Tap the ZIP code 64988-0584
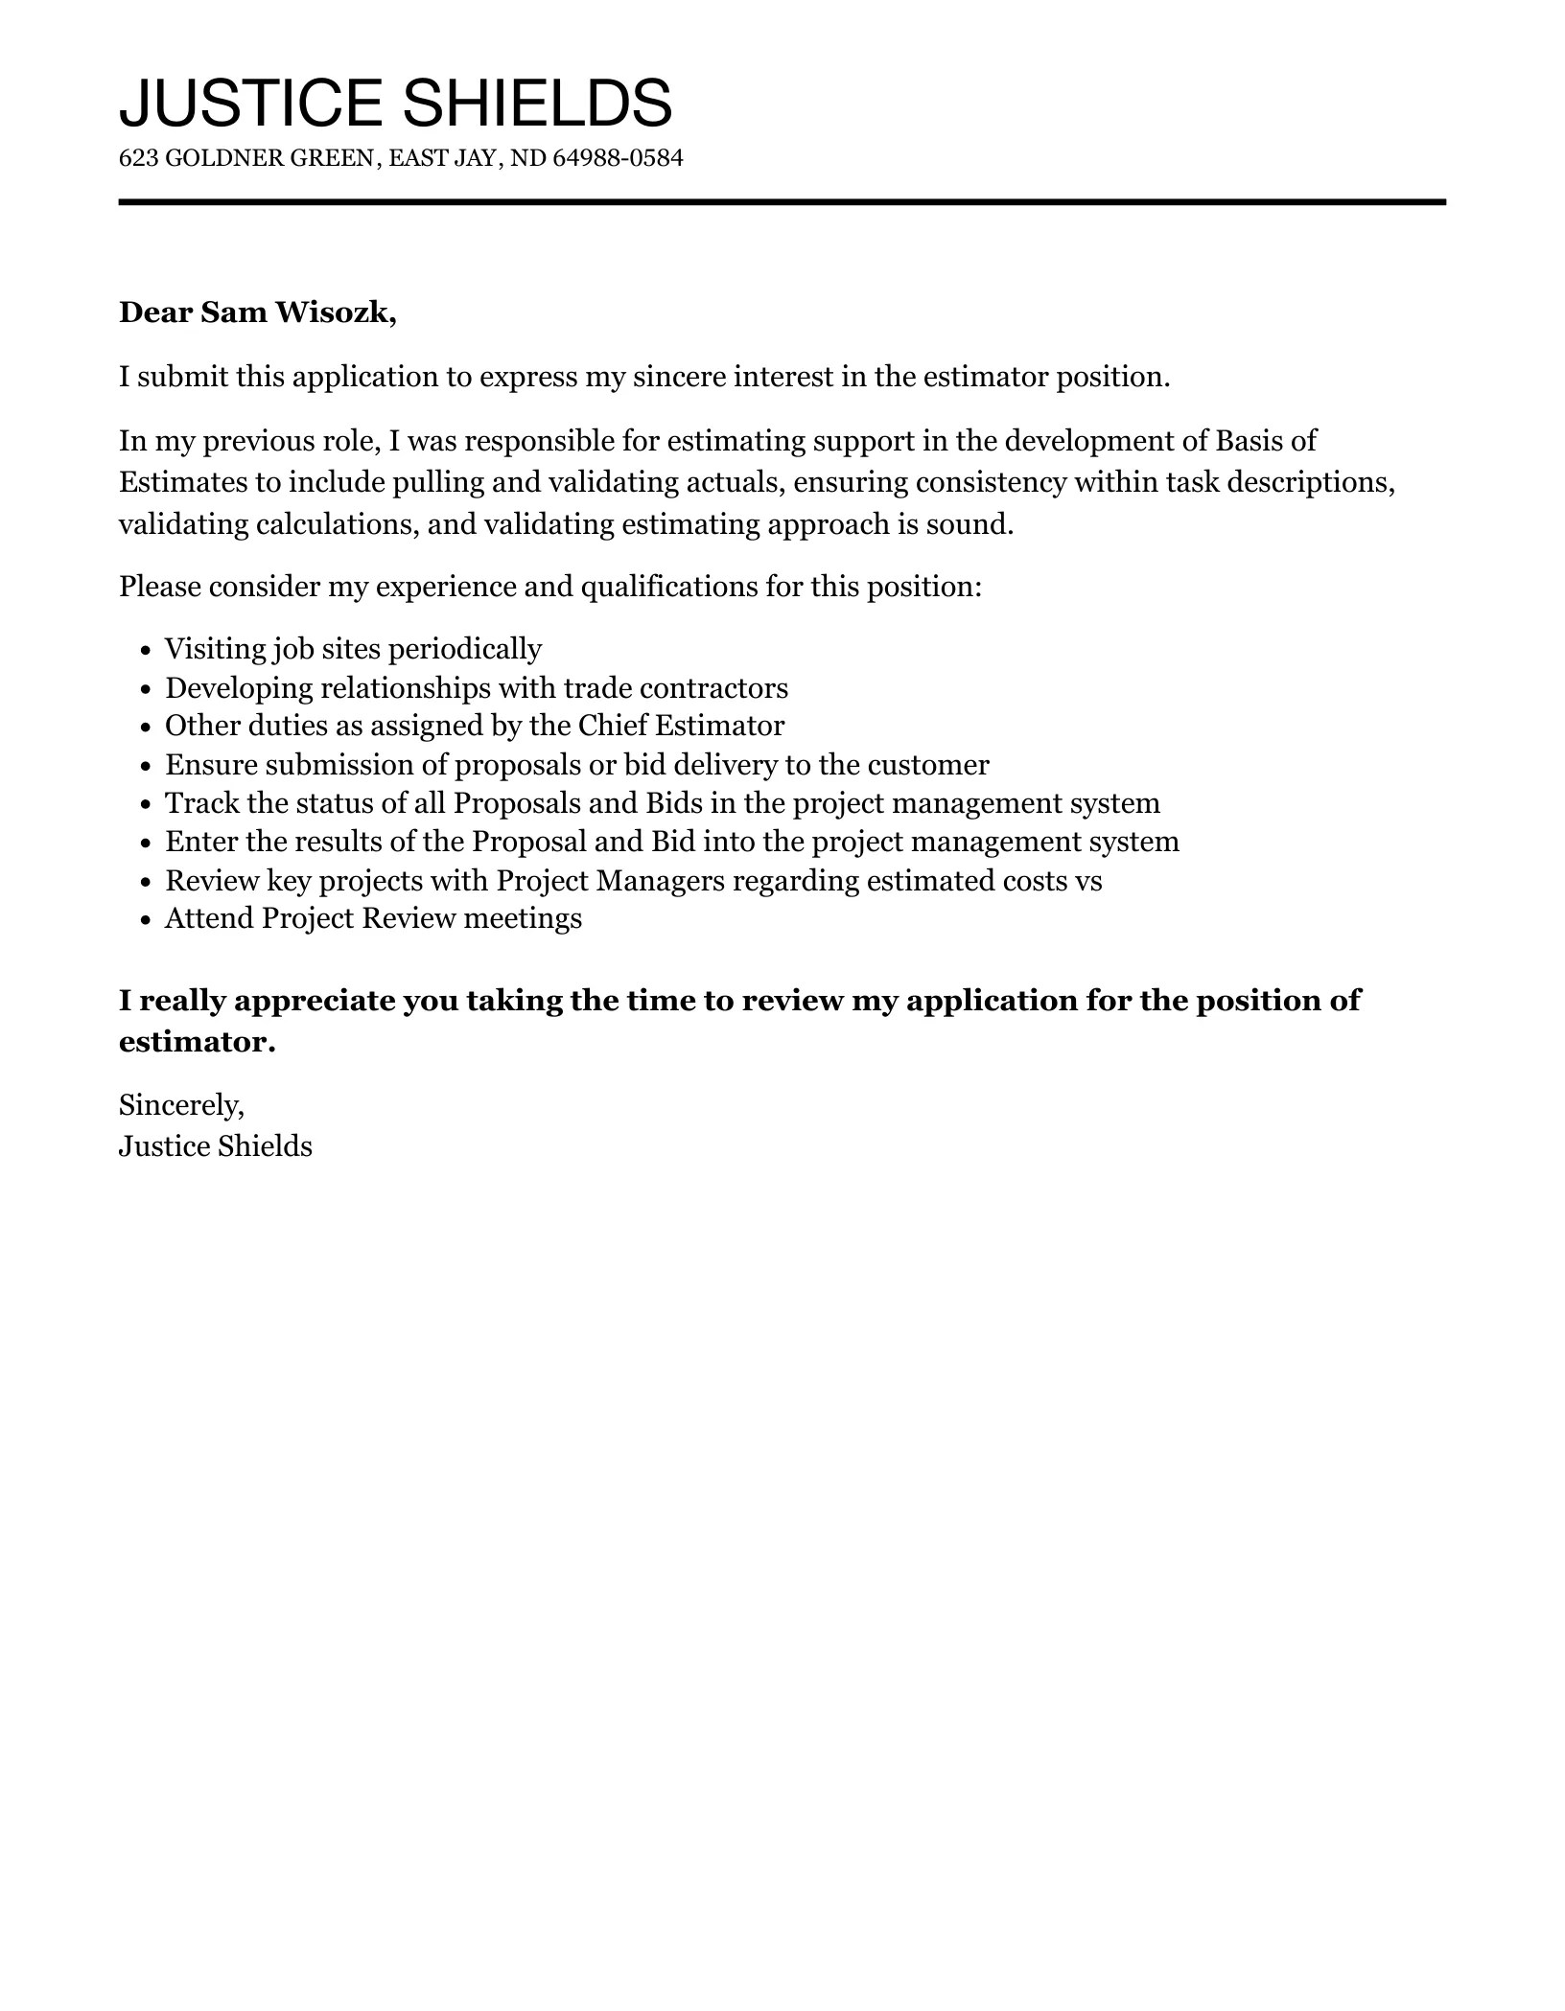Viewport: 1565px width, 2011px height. tap(619, 158)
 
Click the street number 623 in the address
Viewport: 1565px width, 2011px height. tap(138, 158)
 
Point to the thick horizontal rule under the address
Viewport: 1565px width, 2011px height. tap(782, 202)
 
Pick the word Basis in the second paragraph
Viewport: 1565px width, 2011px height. tap(1249, 441)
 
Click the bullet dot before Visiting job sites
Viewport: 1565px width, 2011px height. tap(146, 651)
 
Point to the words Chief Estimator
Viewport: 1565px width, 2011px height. tap(681, 727)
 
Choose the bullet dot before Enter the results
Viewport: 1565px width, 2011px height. tap(146, 844)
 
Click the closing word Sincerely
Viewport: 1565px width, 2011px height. tap(181, 1106)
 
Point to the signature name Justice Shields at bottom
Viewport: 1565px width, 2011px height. tap(216, 1146)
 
